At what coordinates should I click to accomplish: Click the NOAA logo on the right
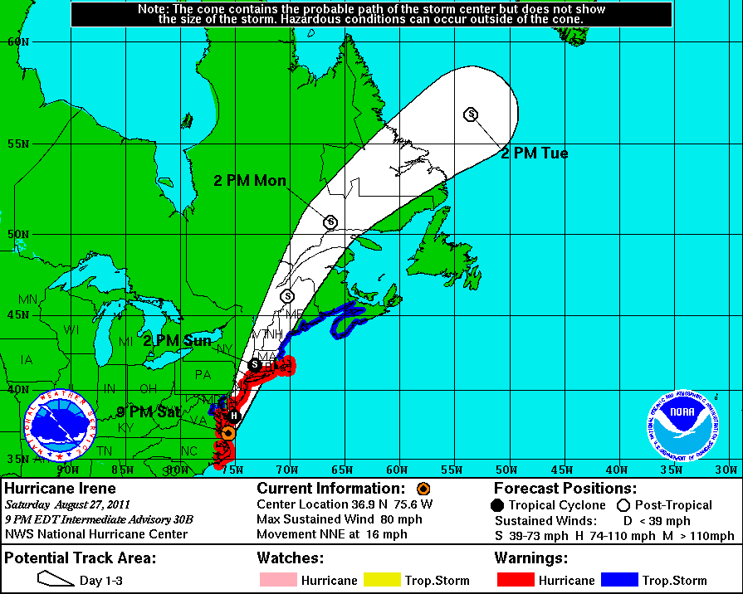pyautogui.click(x=683, y=425)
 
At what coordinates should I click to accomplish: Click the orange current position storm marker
pyautogui.click(x=228, y=432)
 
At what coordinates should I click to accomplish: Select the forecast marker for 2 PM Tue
pyautogui.click(x=471, y=114)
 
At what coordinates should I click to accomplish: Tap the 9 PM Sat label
pyautogui.click(x=149, y=411)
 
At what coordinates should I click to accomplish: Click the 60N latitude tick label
pyautogui.click(x=17, y=41)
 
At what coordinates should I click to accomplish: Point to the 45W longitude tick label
pyautogui.click(x=561, y=470)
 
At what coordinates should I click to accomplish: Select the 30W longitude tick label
pyautogui.click(x=726, y=470)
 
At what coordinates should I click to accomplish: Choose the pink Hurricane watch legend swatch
pyautogui.click(x=276, y=580)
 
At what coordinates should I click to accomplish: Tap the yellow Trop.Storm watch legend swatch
pyautogui.click(x=384, y=580)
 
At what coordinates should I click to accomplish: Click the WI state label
pyautogui.click(x=71, y=330)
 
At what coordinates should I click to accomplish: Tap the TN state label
pyautogui.click(x=105, y=450)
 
